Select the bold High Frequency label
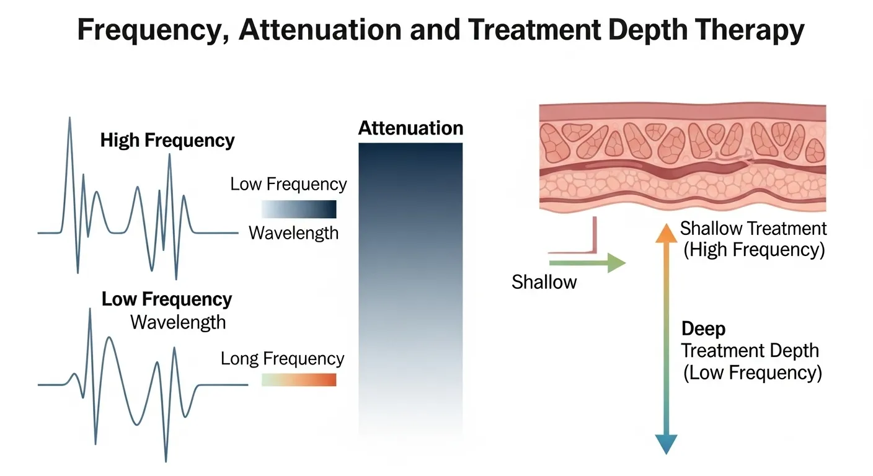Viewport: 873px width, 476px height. (167, 140)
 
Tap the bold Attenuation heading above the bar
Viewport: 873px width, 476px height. (410, 128)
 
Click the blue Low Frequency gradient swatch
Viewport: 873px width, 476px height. (298, 209)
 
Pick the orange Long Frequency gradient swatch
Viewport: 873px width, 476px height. (298, 379)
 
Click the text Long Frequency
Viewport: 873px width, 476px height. (282, 359)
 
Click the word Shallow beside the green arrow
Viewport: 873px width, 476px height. (544, 282)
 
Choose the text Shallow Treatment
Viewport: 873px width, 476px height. (753, 229)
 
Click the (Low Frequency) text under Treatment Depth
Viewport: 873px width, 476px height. (752, 373)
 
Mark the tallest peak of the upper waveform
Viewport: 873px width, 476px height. (69, 119)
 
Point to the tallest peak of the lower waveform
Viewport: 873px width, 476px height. (90, 310)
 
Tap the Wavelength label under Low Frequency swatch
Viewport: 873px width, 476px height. (293, 233)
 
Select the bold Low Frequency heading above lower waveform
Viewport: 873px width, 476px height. (167, 299)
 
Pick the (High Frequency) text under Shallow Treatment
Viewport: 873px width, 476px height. (753, 250)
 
